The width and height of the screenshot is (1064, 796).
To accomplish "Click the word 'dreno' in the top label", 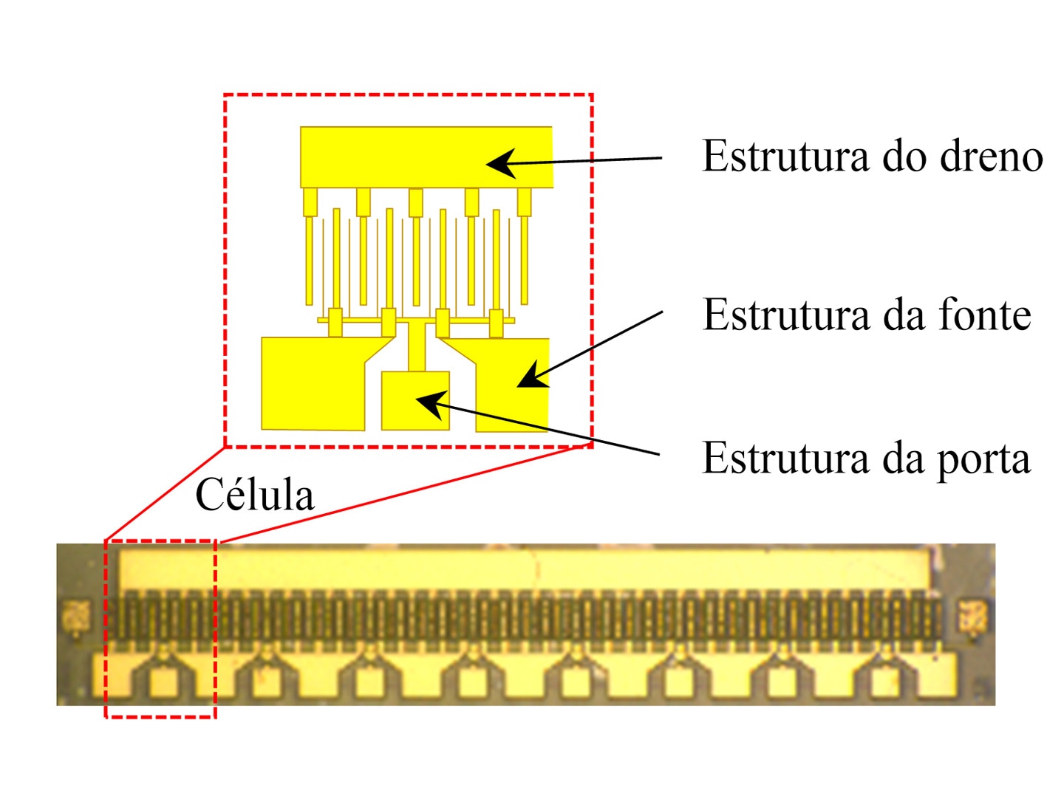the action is pyautogui.click(x=991, y=156).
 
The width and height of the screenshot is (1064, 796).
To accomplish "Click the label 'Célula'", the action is pyautogui.click(x=254, y=494).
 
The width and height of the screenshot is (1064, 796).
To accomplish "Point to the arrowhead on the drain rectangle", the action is pyautogui.click(x=502, y=164).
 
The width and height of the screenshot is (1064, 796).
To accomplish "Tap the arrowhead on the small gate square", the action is pyautogui.click(x=432, y=404).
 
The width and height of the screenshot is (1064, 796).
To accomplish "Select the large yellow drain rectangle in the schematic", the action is pyautogui.click(x=426, y=157).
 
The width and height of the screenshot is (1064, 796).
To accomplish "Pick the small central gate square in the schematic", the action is pyautogui.click(x=415, y=400).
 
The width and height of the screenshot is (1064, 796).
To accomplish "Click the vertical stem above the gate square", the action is pyautogui.click(x=417, y=346).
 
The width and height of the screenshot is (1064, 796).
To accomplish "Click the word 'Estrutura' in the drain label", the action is pyautogui.click(x=785, y=156).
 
